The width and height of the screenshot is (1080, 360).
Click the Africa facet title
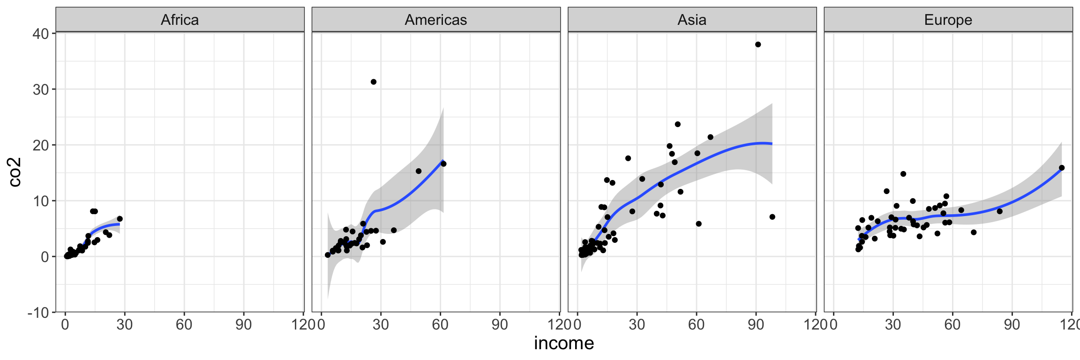[x=180, y=20]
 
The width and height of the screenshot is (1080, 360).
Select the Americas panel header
[x=436, y=20]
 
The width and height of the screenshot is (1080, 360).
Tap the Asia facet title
[x=692, y=20]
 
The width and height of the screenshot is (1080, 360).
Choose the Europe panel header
[x=948, y=20]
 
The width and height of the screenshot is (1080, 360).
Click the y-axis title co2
[x=15, y=172]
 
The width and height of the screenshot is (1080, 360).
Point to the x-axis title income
[x=564, y=344]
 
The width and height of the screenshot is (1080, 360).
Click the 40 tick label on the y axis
[x=41, y=34]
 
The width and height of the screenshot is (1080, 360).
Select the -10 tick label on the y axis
[x=38, y=313]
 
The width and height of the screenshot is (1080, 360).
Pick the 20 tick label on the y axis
[x=41, y=145]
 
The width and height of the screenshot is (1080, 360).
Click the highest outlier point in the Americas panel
[x=374, y=82]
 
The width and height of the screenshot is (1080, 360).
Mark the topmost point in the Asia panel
[x=758, y=45]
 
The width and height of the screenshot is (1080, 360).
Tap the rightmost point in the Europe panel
[x=1062, y=168]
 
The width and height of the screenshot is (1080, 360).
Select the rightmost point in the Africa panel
[x=120, y=218]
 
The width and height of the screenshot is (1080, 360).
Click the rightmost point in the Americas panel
[x=443, y=164]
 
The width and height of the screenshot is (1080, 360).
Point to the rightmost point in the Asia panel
[x=772, y=217]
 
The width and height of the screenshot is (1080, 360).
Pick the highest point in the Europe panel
[x=903, y=174]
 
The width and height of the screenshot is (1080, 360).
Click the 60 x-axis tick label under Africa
[x=184, y=324]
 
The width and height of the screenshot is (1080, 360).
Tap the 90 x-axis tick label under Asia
[x=756, y=324]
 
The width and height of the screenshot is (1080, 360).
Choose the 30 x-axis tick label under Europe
[x=893, y=324]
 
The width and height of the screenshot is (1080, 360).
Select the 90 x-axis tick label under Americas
[x=500, y=324]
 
